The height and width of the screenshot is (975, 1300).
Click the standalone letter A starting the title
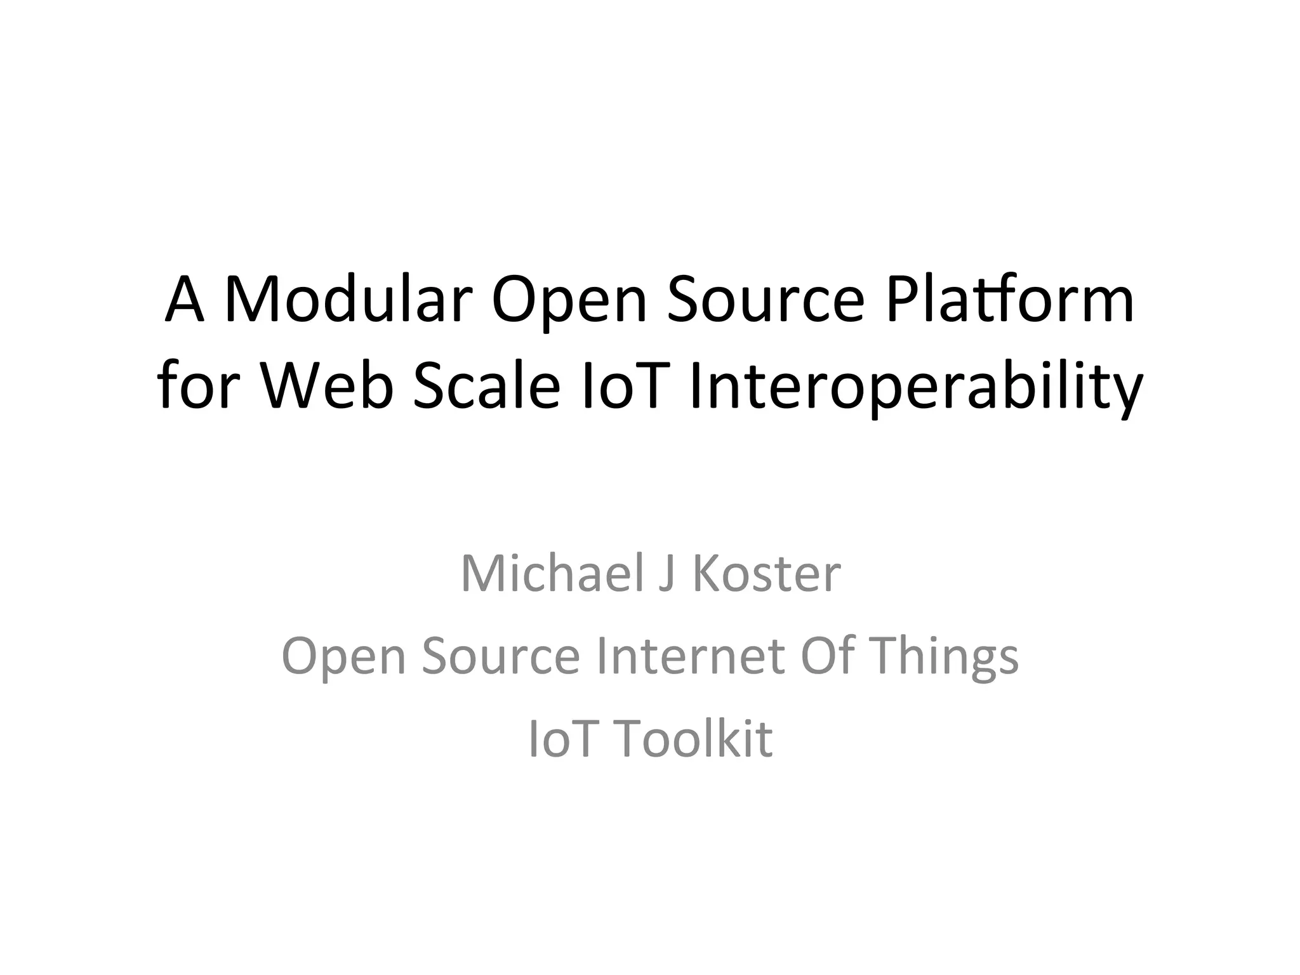tap(184, 299)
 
